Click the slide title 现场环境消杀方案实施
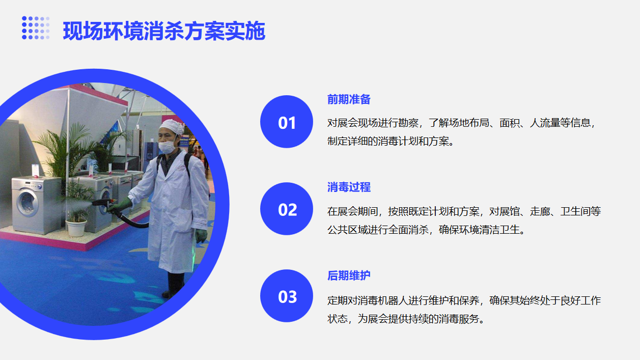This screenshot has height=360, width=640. click(164, 31)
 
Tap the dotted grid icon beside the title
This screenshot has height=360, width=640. click(36, 27)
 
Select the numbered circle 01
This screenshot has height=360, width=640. click(287, 122)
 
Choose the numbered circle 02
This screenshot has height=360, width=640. click(287, 209)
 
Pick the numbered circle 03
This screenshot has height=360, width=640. click(287, 296)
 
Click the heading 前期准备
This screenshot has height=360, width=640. click(349, 99)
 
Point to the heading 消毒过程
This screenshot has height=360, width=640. click(349, 187)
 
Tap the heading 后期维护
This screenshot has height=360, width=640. click(349, 275)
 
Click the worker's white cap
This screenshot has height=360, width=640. click(172, 127)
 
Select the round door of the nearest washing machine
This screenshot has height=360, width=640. click(27, 204)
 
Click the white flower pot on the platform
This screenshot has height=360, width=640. click(76, 228)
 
